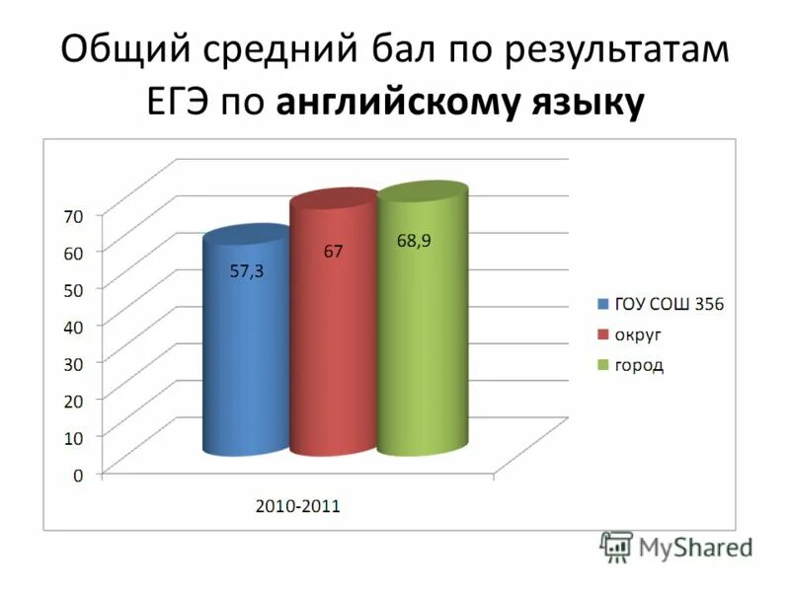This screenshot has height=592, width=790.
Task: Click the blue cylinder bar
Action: [246, 345]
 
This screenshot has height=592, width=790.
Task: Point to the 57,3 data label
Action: [247, 272]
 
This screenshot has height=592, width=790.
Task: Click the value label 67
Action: [333, 252]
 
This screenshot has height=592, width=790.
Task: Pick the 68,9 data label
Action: [414, 240]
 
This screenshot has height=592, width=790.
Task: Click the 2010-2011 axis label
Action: [298, 506]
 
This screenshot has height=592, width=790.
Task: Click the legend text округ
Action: [640, 334]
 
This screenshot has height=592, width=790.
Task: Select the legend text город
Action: [640, 365]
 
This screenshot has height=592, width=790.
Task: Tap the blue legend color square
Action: [602, 304]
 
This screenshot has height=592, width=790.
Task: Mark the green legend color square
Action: [602, 365]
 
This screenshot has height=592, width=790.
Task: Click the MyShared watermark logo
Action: [676, 546]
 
